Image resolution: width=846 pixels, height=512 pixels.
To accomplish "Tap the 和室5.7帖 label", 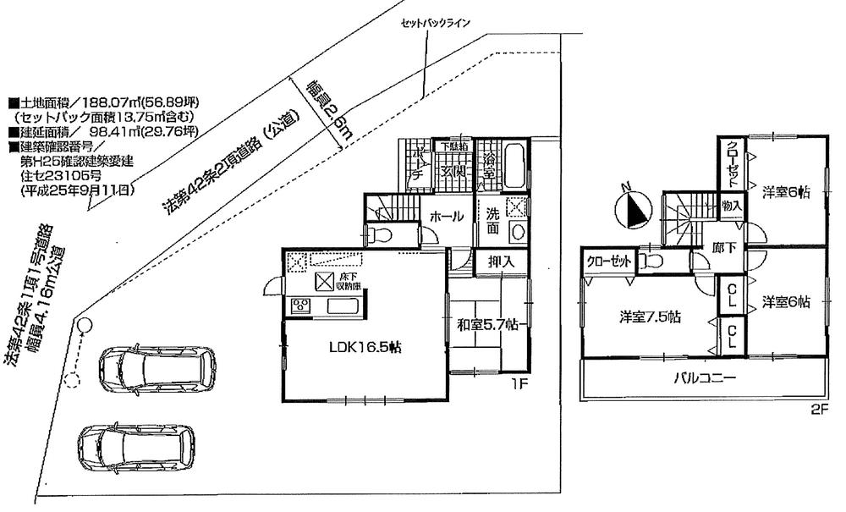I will coord(482,322).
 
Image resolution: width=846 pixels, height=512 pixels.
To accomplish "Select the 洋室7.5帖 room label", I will coord(651,317).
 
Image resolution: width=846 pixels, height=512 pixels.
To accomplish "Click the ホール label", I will coord(446,217).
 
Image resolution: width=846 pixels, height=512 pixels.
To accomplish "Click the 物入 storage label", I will coord(732,206).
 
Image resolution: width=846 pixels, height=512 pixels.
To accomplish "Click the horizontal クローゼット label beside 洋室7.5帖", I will coord(608,262).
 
